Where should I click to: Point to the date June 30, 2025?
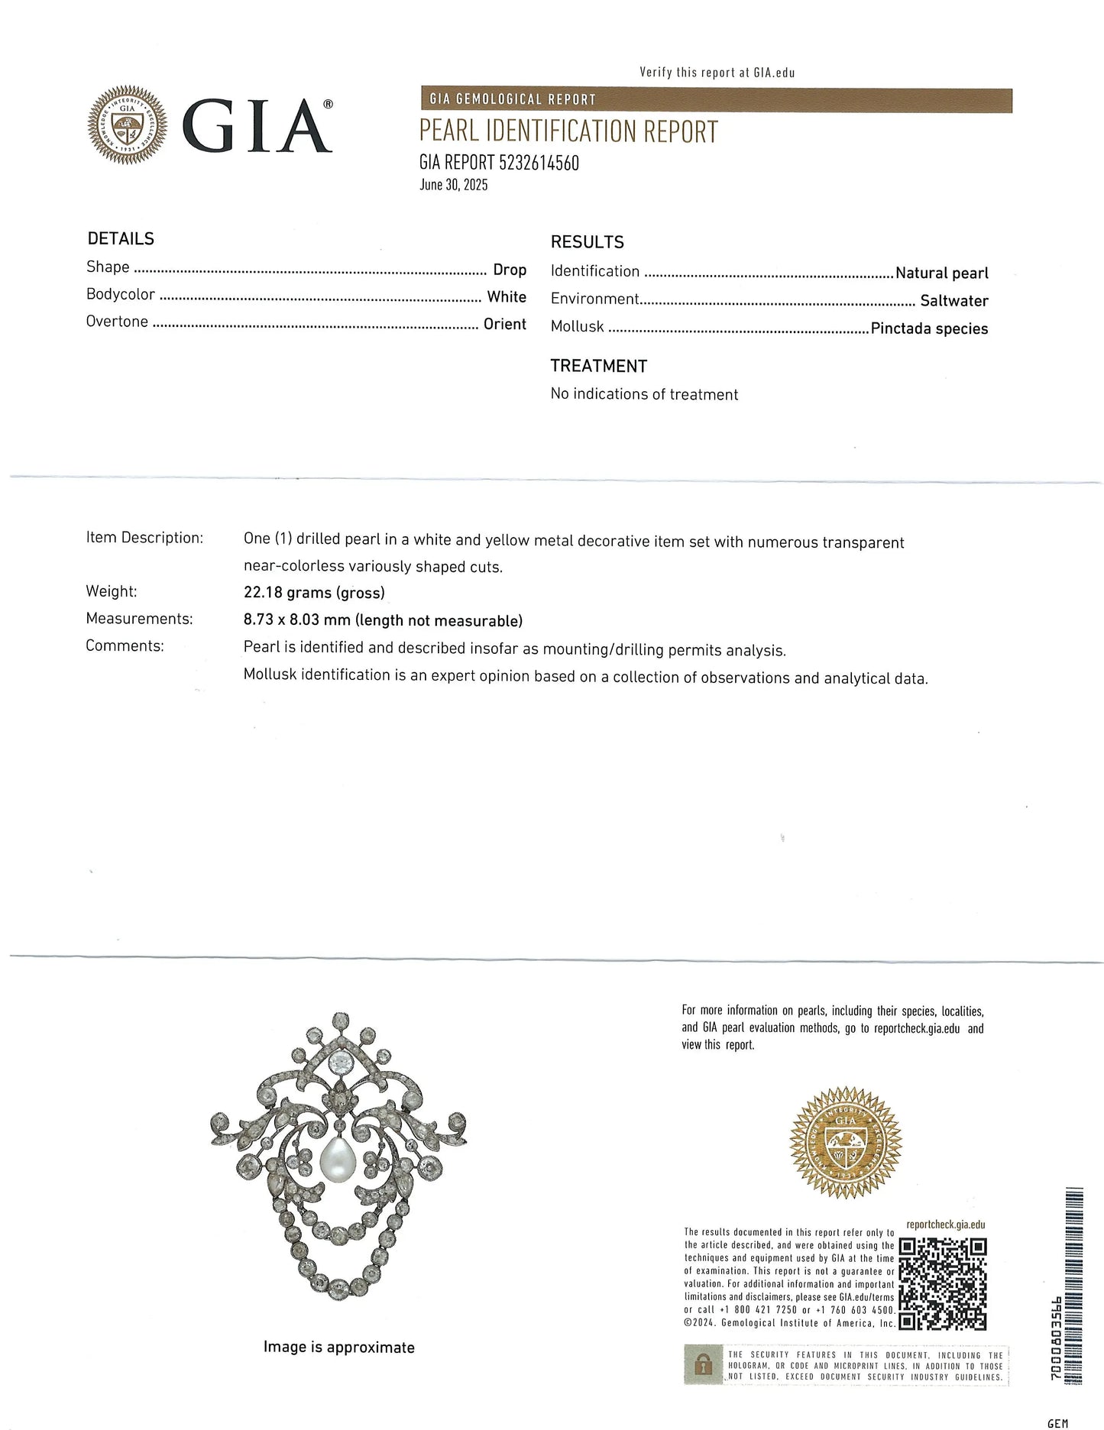(453, 185)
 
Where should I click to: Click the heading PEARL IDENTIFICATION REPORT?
(568, 132)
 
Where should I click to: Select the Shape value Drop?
(509, 270)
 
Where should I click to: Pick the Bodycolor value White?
(507, 297)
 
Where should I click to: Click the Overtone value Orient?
(504, 324)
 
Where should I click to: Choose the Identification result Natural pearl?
(941, 273)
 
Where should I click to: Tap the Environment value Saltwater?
(953, 301)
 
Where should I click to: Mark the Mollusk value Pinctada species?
(929, 328)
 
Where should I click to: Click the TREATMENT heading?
(598, 366)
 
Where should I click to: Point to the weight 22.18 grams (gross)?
(314, 593)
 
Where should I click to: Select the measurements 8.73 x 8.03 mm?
(297, 620)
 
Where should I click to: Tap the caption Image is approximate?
(338, 1347)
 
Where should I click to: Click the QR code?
(942, 1283)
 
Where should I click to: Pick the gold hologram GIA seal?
(845, 1142)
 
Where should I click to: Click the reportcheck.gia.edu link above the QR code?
(945, 1225)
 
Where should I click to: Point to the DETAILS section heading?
(121, 238)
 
